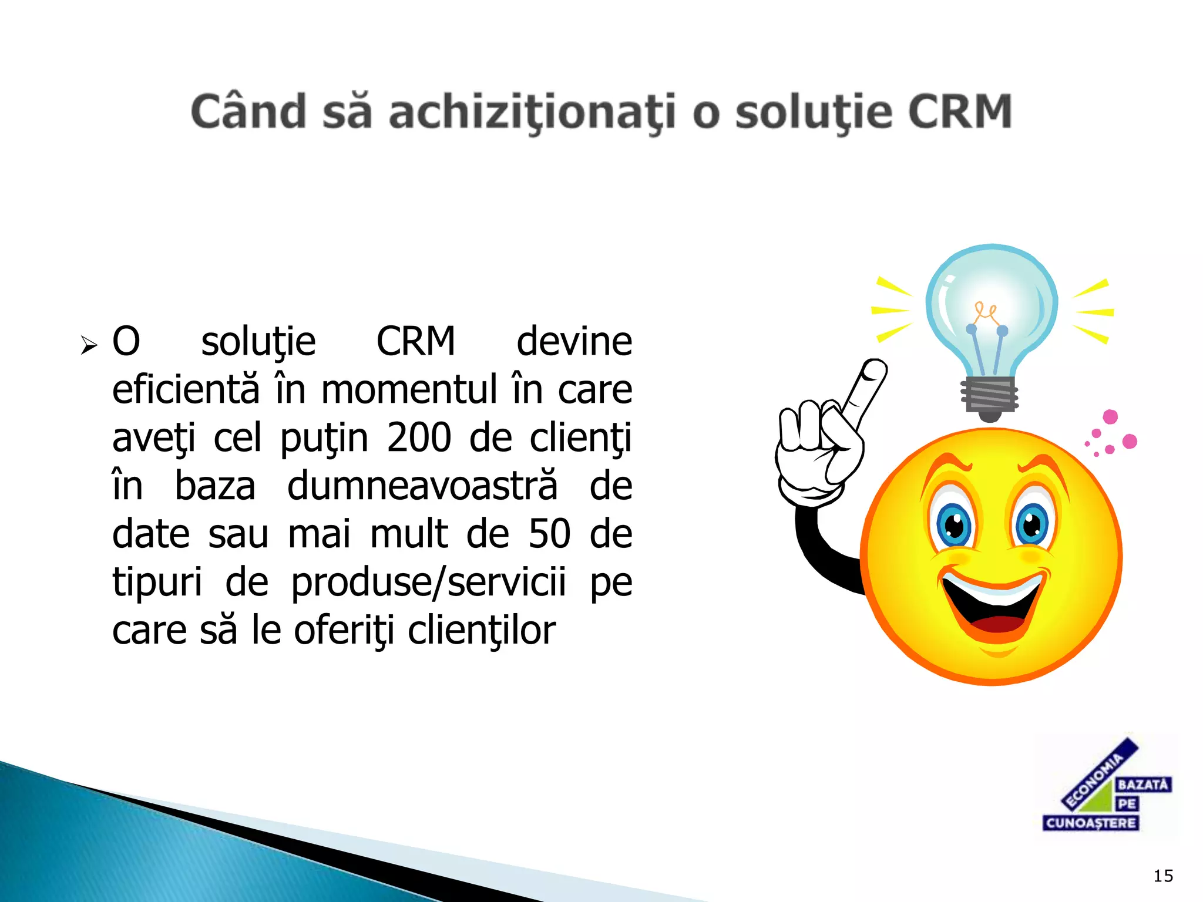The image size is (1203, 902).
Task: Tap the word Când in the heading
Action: [x=248, y=112]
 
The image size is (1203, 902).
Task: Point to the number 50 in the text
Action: [x=549, y=534]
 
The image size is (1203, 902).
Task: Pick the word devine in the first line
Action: [x=574, y=342]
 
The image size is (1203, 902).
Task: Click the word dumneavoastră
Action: [x=422, y=486]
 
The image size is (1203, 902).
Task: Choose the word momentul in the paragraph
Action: [x=409, y=390]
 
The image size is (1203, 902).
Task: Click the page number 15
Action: [x=1163, y=876]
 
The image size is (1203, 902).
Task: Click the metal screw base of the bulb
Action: [x=990, y=396]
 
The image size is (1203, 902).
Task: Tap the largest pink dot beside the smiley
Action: [x=1129, y=441]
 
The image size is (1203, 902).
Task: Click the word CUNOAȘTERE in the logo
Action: [x=1091, y=823]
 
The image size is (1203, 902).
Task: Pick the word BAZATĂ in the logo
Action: [x=1142, y=785]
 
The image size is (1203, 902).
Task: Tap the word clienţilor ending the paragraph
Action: [x=481, y=631]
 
